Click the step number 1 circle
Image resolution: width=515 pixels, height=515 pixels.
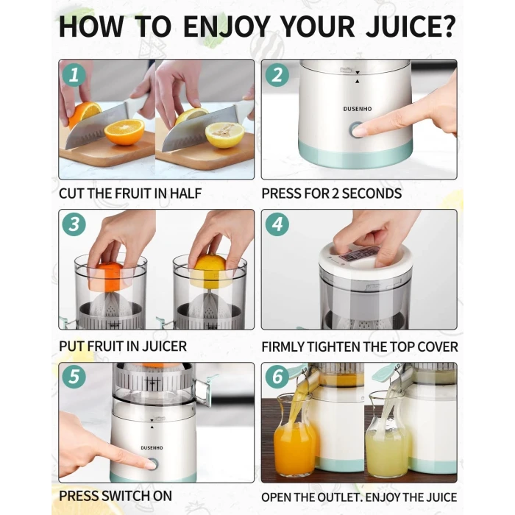click(x=74, y=75)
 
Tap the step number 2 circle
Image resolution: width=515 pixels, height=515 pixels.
click(x=277, y=75)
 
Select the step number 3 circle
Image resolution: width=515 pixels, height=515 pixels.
click(x=74, y=224)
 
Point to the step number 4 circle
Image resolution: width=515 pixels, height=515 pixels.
click(x=277, y=224)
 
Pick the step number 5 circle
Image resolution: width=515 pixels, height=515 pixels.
click(x=74, y=376)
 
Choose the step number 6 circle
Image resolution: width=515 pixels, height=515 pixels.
click(x=277, y=376)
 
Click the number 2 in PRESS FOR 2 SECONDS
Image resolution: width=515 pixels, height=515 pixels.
click(x=335, y=193)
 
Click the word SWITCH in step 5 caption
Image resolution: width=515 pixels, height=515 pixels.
click(x=127, y=496)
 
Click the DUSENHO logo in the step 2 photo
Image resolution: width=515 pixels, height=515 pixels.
click(x=358, y=109)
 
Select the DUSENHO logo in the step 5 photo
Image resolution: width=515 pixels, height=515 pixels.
click(x=152, y=447)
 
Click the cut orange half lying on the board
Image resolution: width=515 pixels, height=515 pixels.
click(x=124, y=132)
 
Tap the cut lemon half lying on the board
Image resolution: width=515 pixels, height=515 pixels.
click(x=225, y=135)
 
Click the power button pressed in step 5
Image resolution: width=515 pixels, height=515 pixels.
click(x=152, y=464)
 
